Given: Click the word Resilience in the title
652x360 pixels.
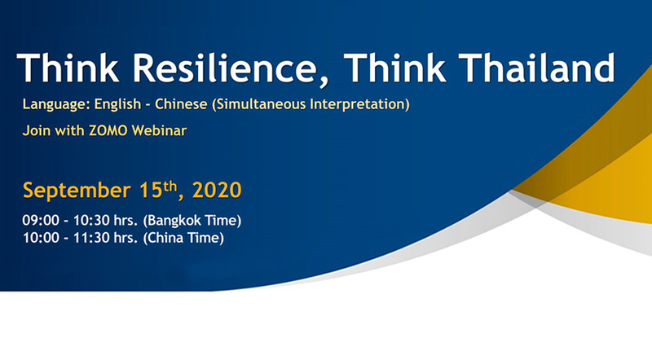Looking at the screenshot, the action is (225, 68).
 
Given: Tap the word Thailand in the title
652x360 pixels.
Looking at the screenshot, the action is (537, 68).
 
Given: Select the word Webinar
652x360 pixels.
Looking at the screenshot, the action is (159, 130).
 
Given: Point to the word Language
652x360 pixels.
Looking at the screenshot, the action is (56, 104).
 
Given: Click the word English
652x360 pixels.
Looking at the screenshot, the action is (117, 104).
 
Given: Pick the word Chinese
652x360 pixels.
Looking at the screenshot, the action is (181, 104).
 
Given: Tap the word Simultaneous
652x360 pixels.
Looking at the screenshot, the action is (259, 104).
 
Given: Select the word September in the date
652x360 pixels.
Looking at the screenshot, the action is (77, 191).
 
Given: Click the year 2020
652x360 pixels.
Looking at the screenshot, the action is (217, 190).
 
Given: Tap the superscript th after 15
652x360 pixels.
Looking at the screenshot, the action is (170, 187).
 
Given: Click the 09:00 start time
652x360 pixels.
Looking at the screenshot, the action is (41, 221).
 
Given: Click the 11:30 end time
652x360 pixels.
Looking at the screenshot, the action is (91, 238).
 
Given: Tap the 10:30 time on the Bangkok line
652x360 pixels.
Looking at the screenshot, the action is (91, 221).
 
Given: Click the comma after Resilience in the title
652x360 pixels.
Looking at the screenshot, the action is (324, 82).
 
